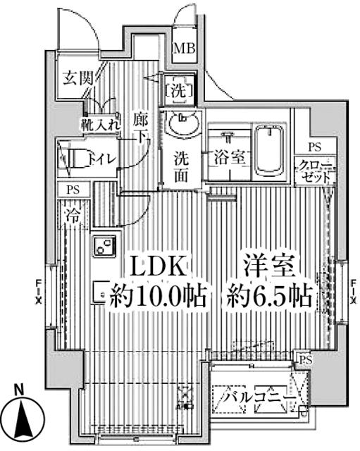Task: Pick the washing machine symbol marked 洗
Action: tap(175, 89)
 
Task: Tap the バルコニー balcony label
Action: tap(258, 399)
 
